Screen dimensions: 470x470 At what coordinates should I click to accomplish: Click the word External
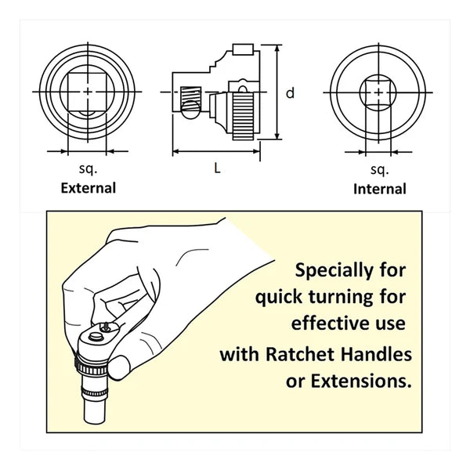click(88, 188)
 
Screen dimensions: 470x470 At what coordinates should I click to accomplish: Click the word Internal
click(379, 190)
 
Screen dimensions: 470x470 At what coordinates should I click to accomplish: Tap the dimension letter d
click(290, 93)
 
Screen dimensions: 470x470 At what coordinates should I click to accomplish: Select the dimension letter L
click(217, 168)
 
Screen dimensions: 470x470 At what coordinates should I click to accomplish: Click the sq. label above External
click(88, 169)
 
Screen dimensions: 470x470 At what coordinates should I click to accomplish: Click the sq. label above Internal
click(379, 170)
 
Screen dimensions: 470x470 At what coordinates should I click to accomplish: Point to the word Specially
click(333, 271)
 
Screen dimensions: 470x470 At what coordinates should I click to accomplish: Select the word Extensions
click(361, 381)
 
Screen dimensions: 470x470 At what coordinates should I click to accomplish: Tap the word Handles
click(377, 354)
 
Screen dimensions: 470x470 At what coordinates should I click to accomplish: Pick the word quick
click(279, 298)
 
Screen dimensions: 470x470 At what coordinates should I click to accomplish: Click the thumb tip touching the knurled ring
click(119, 367)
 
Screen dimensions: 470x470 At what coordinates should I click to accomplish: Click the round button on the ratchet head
click(96, 337)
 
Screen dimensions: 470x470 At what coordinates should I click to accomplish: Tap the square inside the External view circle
click(87, 92)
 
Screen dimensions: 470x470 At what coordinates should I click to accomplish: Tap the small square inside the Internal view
click(378, 92)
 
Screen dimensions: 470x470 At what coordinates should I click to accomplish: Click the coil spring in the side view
click(191, 96)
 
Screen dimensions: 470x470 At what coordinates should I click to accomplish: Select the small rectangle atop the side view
click(243, 50)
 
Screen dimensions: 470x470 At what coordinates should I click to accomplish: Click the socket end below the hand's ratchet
click(95, 410)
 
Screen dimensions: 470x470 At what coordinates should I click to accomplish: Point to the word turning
click(341, 298)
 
